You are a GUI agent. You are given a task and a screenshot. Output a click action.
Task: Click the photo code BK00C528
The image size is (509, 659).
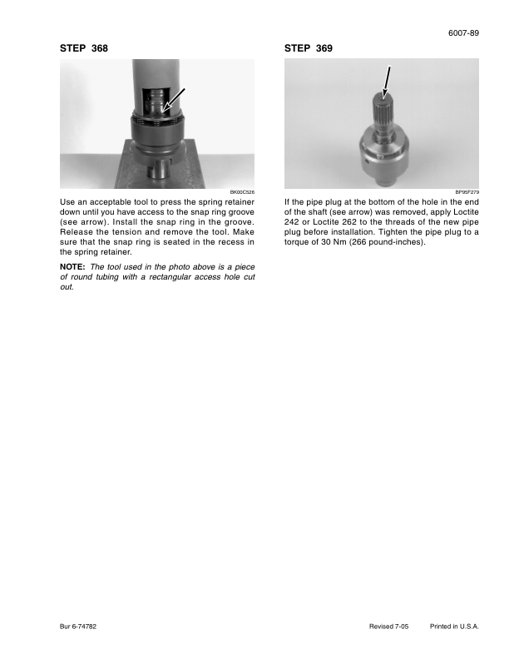tap(241, 192)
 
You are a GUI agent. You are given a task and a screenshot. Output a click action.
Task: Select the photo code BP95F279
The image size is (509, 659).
tap(467, 192)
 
